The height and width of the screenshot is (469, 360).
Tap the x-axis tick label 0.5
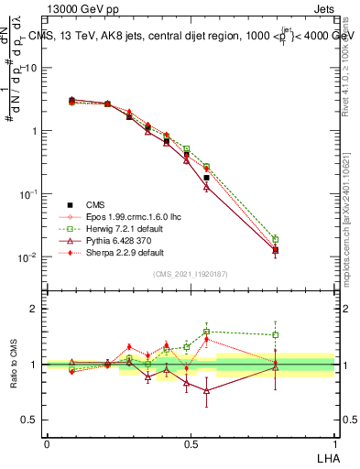[191, 442]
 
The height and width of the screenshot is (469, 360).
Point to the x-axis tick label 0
[47, 442]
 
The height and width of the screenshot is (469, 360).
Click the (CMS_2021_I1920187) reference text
[191, 274]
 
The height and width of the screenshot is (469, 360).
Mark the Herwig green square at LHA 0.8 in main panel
[276, 239]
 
